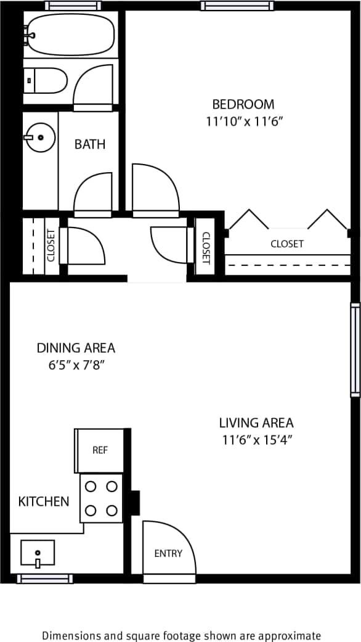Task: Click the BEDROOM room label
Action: pos(243,104)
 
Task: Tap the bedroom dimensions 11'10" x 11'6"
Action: pos(243,121)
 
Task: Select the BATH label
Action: pos(90,144)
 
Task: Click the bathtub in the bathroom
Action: pos(69,35)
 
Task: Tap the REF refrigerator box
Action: pos(100,450)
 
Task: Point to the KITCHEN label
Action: pos(44,501)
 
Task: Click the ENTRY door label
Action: pos(168,553)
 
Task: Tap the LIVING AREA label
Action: pos(256,422)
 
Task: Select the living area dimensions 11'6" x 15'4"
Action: pos(256,440)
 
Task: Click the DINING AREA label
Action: pos(76,348)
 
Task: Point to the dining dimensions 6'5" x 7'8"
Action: pos(76,365)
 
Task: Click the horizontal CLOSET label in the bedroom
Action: pos(287,244)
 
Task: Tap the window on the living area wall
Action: pos(355,350)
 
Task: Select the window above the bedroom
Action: pos(237,6)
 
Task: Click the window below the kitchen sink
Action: pos(45,578)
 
